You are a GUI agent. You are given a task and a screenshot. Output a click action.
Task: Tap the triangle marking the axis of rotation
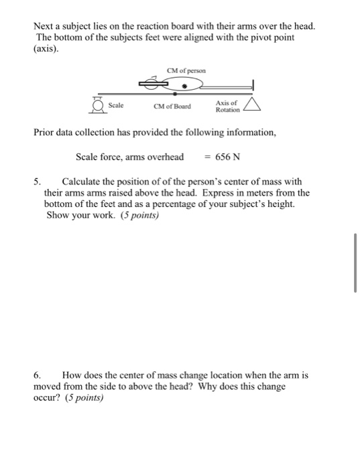click(x=252, y=104)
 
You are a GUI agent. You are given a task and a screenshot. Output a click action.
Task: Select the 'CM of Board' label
click(x=172, y=107)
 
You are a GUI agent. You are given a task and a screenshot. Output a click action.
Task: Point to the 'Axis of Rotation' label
click(x=227, y=105)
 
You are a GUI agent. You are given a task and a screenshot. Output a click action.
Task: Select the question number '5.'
click(x=39, y=182)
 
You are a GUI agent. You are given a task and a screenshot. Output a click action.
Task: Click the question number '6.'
click(x=38, y=375)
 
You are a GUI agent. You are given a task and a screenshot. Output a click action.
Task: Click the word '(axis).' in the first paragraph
click(x=47, y=48)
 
